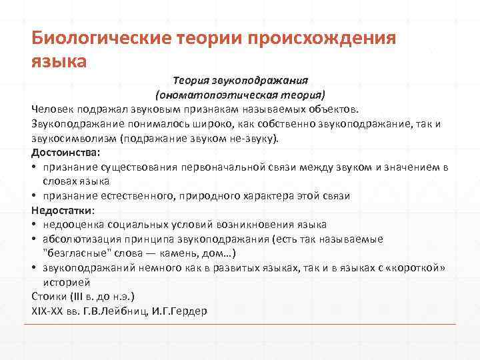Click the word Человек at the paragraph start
(x=52, y=109)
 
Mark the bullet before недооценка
(x=34, y=225)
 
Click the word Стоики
(x=49, y=297)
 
